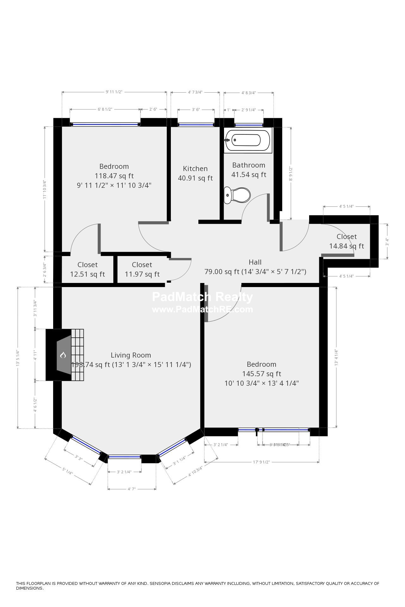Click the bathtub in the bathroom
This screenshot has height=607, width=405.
pyautogui.click(x=248, y=141)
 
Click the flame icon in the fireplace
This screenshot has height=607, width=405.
pyautogui.click(x=63, y=355)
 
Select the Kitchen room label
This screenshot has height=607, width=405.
pyautogui.click(x=195, y=169)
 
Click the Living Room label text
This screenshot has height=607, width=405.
pyautogui.click(x=131, y=355)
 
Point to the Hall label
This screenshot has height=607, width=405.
pyautogui.click(x=255, y=262)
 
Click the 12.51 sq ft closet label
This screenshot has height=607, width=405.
pyautogui.click(x=87, y=274)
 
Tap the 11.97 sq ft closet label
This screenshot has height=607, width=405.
pyautogui.click(x=142, y=274)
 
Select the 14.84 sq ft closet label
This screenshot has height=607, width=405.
pyautogui.click(x=346, y=246)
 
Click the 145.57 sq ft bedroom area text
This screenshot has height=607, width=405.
pyautogui.click(x=261, y=374)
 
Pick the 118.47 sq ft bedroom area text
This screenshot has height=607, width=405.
pyautogui.click(x=114, y=176)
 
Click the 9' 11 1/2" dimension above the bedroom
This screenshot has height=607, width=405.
pyautogui.click(x=114, y=92)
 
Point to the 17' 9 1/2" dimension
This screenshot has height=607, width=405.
pyautogui.click(x=261, y=462)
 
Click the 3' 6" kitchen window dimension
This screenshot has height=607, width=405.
pyautogui.click(x=196, y=109)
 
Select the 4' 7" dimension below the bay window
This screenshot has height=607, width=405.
pyautogui.click(x=132, y=489)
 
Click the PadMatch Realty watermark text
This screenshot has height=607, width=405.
pyautogui.click(x=202, y=297)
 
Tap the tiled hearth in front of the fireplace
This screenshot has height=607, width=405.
pyautogui.click(x=78, y=355)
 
